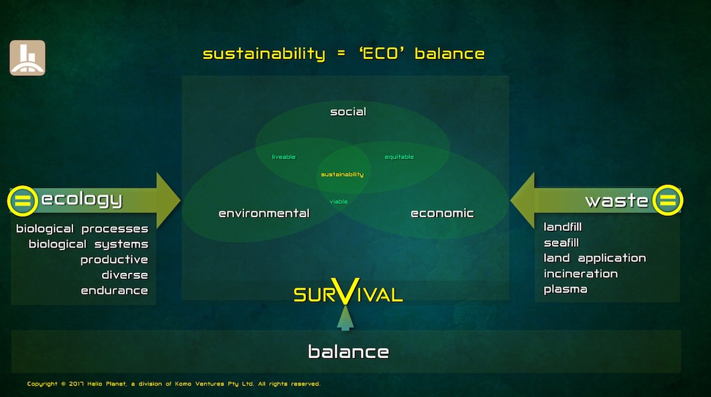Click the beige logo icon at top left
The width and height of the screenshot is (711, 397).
(28, 58)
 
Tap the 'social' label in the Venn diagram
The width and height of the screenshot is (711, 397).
(348, 111)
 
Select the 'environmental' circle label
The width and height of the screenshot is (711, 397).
(264, 213)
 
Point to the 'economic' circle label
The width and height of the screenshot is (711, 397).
(442, 213)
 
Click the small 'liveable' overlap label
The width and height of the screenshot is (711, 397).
(284, 157)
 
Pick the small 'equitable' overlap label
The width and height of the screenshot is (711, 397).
(399, 157)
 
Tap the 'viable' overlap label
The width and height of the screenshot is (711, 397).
(339, 201)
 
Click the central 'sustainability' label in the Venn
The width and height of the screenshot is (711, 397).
(342, 174)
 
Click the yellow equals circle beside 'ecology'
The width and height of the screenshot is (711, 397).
(23, 201)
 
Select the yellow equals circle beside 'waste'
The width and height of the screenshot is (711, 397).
(667, 200)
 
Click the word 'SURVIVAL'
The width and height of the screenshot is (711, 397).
(348, 293)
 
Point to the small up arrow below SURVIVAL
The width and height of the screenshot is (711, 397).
(345, 318)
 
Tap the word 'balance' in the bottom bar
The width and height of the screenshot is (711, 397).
(348, 351)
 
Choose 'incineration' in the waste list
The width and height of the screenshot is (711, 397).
(581, 274)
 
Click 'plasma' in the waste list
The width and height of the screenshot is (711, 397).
(565, 289)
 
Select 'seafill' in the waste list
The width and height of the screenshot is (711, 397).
(561, 243)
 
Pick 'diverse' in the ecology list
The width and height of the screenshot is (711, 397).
(125, 275)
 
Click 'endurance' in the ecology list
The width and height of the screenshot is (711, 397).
(114, 290)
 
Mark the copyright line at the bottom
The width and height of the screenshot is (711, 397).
(174, 384)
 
